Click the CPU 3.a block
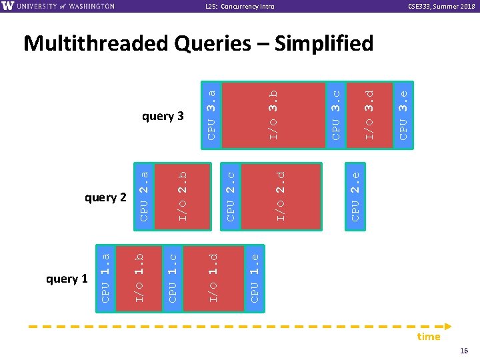point(211,114)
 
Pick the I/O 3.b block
point(273,114)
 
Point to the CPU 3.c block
point(336,114)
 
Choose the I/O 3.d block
point(369,114)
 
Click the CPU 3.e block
point(403,114)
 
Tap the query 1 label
point(67,279)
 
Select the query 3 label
point(163,117)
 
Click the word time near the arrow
point(428,337)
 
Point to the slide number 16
point(464,351)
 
